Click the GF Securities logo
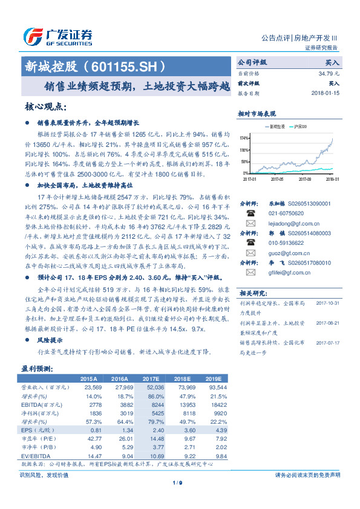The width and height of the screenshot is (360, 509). tap(57, 36)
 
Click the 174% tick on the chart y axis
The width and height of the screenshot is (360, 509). tap(243, 137)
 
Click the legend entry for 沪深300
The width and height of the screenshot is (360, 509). tap(300, 127)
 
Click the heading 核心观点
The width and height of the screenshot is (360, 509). tap(45, 107)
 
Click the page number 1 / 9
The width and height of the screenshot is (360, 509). tap(177, 482)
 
